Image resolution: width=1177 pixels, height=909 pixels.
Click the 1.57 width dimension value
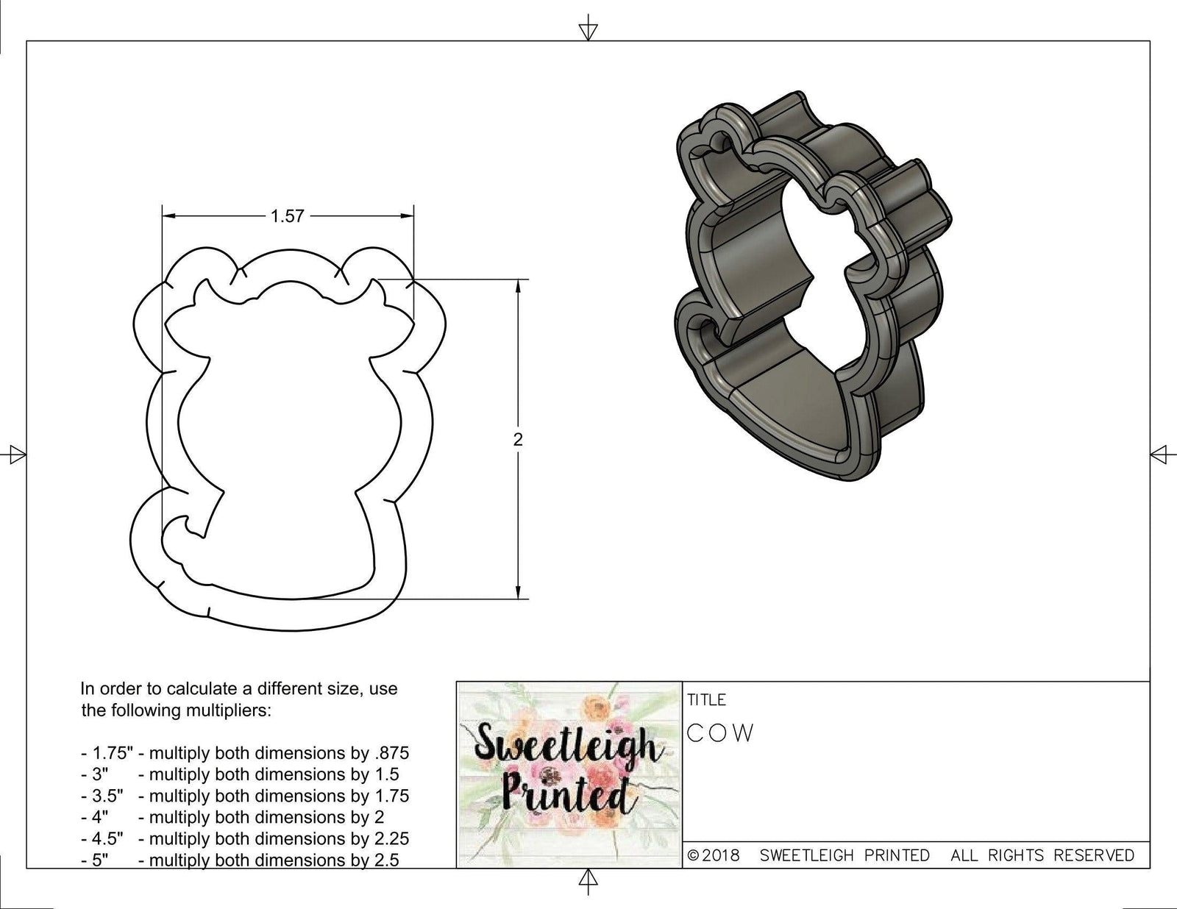287,216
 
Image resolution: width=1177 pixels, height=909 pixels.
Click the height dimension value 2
518,440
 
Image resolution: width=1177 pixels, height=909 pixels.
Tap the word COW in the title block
721,733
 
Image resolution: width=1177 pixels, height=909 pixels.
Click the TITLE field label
706,699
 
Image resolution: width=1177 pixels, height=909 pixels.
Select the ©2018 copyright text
714,855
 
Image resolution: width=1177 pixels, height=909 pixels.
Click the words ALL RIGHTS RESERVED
1042,855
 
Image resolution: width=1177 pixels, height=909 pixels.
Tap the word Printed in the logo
566,794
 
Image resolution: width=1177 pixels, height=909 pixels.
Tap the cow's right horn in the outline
377,290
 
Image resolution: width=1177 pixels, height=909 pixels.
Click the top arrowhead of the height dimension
519,285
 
